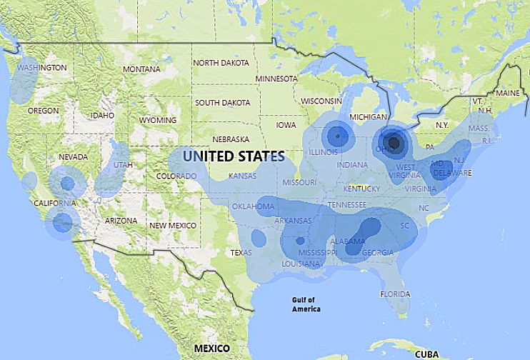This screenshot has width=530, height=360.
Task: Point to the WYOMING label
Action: point(158,120)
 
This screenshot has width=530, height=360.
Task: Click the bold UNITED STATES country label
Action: point(234,155)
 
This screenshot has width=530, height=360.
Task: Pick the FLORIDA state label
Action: point(395,294)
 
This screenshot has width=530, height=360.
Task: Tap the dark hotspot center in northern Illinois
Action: point(336,135)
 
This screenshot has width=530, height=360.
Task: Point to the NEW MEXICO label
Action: point(172,226)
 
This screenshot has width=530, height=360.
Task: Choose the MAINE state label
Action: point(508,94)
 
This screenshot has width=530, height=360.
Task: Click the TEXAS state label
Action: point(241,252)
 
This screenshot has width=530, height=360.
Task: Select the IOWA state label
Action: point(286,125)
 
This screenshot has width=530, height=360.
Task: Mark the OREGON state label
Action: point(43,111)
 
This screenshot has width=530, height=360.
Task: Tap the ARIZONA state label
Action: point(121,221)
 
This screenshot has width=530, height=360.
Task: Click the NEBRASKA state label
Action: point(231,139)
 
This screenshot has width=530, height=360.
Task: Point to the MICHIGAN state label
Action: point(368,116)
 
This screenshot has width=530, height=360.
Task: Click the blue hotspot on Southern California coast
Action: point(63,222)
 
